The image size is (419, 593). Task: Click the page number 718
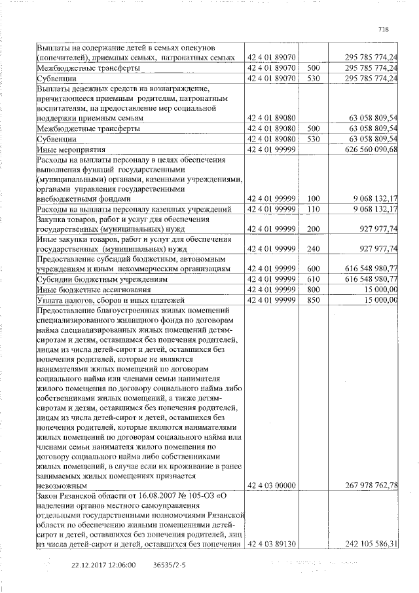coord(384,29)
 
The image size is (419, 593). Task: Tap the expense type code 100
coord(312,198)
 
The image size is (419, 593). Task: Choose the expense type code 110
coord(312,209)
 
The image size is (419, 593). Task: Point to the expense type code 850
coord(312,299)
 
